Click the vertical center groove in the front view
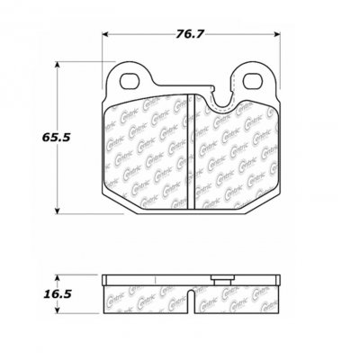click(185, 144)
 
